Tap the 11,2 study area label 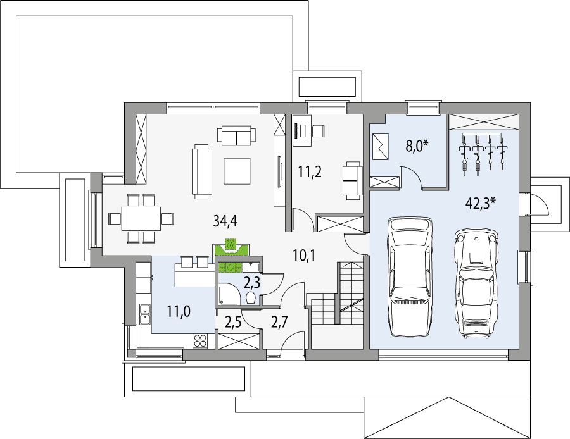310,172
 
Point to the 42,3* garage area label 481,204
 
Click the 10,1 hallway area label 304,256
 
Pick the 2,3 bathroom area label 251,283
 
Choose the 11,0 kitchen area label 179,311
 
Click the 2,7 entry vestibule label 280,323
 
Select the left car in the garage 410,276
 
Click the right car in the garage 476,283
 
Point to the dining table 141,218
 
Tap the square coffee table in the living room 237,171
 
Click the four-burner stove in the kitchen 199,340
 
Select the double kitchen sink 144,314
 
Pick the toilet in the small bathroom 251,298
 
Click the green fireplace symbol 231,247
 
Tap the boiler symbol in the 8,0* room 381,146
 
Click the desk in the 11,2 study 303,130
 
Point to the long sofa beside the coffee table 202,171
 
